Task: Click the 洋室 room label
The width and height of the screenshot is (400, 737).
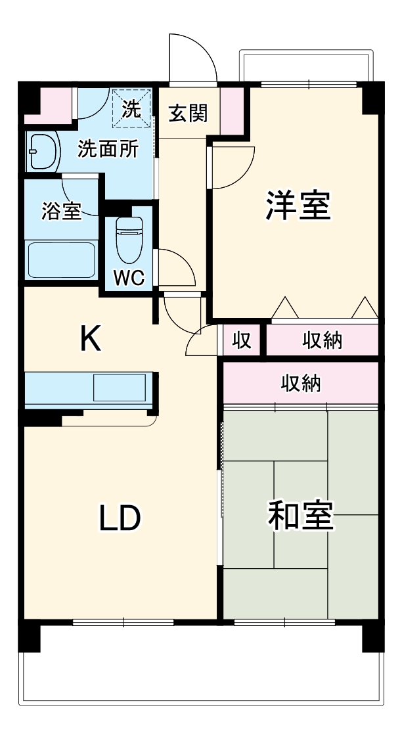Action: [297, 206]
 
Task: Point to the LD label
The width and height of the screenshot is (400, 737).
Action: [120, 518]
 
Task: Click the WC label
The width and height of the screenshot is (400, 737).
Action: [128, 278]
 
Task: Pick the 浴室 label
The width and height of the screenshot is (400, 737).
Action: [61, 212]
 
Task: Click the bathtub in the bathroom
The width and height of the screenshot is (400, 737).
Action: [60, 260]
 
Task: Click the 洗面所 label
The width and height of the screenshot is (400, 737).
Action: [108, 150]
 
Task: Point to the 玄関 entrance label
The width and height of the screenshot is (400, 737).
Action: [188, 114]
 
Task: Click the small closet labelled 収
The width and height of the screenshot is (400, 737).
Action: [242, 341]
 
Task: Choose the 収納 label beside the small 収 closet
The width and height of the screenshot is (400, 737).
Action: [322, 341]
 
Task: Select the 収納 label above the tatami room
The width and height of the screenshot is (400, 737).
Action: [301, 383]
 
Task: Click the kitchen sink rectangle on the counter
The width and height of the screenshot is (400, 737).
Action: [122, 388]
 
